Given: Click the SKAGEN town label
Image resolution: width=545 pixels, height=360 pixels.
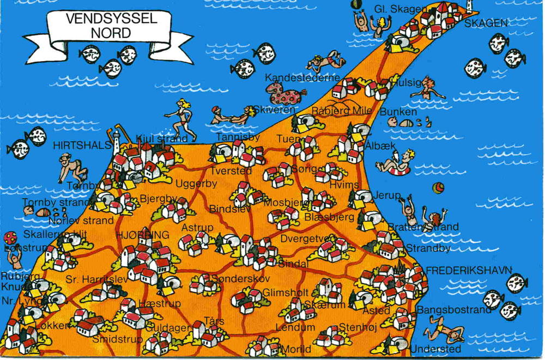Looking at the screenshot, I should (486, 23).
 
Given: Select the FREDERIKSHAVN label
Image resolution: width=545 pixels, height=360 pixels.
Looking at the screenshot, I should (469, 270).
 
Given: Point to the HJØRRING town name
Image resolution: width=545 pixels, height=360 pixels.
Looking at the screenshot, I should (142, 235).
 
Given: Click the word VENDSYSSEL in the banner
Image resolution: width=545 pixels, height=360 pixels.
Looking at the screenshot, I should (111, 19).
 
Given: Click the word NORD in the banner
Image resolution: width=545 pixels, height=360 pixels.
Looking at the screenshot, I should (111, 33).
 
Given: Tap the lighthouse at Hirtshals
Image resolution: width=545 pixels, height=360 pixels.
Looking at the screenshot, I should (116, 140).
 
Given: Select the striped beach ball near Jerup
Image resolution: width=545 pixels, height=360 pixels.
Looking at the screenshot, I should (438, 188).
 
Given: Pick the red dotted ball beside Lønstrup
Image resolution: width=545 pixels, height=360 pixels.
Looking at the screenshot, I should (10, 238).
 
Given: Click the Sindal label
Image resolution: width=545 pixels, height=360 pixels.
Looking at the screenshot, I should (293, 264).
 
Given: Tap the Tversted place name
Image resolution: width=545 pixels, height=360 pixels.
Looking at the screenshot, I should (231, 171).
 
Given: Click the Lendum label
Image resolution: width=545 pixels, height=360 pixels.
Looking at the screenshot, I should (295, 327).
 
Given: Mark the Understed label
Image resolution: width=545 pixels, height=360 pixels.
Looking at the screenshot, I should (435, 349).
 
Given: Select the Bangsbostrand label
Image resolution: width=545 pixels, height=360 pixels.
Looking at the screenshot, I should (453, 310).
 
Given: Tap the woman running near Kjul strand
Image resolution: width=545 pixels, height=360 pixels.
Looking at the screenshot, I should (183, 120).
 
